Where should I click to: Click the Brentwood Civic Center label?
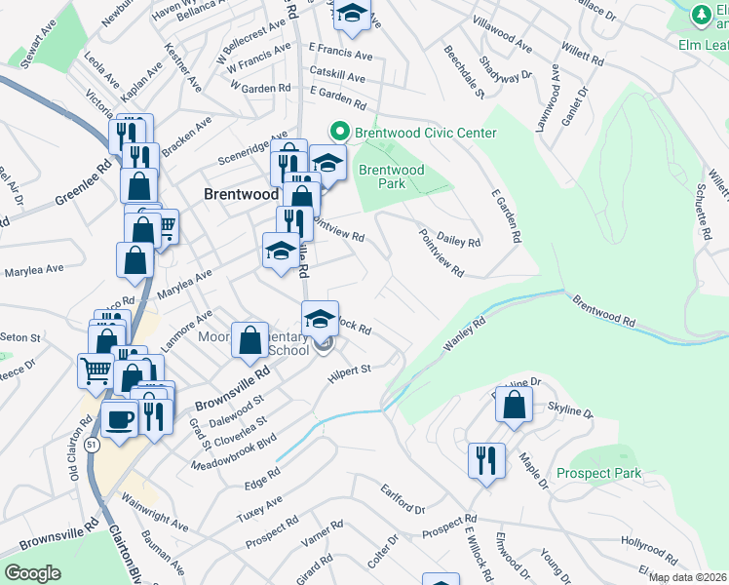coord(426,133)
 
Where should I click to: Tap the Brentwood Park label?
coord(391,175)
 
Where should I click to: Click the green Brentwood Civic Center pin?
coord(340,131)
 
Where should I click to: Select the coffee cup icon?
coord(120,419)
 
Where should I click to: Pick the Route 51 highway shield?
coord(89,444)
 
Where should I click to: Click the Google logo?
coord(31,573)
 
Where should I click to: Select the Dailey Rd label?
coord(461,242)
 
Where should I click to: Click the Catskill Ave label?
coord(336,76)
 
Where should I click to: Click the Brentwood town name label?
coord(241,194)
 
